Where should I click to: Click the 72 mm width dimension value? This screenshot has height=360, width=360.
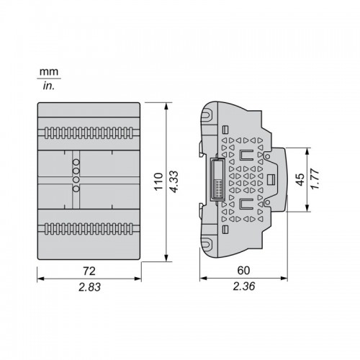[x=89, y=271]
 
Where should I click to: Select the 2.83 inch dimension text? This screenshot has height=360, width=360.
[x=89, y=287]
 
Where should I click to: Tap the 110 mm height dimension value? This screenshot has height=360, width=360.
[x=158, y=181]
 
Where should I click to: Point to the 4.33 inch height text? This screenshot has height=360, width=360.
[x=174, y=181]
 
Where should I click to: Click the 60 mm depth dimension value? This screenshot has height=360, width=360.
[x=243, y=271]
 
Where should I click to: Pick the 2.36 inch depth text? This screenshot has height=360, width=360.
[x=244, y=287]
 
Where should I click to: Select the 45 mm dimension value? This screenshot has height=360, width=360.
[x=300, y=179]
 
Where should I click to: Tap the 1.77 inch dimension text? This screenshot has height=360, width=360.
[x=315, y=179]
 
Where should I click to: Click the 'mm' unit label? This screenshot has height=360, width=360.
[x=49, y=72]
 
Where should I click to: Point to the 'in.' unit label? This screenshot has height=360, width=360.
[x=49, y=86]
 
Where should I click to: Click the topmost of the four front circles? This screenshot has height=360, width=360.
[x=76, y=162]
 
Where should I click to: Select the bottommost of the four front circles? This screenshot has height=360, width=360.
[x=76, y=189]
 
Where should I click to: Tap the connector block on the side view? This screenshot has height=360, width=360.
[x=217, y=179]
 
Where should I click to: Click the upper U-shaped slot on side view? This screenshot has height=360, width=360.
[x=247, y=155]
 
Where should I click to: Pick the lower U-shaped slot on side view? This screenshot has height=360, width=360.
[x=247, y=204]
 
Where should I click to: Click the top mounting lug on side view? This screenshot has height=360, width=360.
[x=207, y=114]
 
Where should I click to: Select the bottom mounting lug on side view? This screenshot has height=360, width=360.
[x=207, y=243]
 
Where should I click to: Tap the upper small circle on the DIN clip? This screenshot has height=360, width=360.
[x=267, y=156]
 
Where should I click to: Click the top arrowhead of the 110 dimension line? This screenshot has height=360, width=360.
[x=166, y=107]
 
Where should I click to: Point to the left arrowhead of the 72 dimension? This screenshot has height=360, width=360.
[x=41, y=279]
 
